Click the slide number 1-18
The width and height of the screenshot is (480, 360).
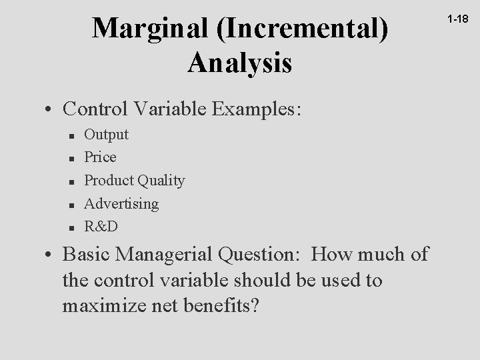(458, 21)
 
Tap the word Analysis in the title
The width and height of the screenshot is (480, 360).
(239, 63)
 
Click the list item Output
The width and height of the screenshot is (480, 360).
(107, 134)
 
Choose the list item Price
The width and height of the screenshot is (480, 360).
(100, 157)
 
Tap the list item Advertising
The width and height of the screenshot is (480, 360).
(121, 203)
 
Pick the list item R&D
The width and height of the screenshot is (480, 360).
(101, 226)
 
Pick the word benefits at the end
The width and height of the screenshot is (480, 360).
(221, 307)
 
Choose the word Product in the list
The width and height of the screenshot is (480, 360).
(109, 180)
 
